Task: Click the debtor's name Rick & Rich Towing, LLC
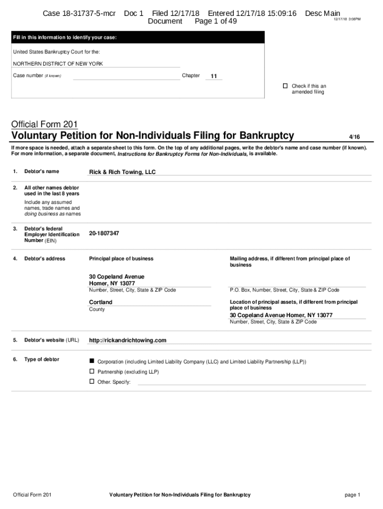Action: [x=122, y=172]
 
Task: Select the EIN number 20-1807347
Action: [x=104, y=233]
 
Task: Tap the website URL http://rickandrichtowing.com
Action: [x=127, y=340]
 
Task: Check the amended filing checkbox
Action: [x=285, y=86]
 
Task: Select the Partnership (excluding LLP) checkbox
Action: [x=92, y=371]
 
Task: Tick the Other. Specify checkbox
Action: [x=92, y=381]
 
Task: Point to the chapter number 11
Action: [x=214, y=77]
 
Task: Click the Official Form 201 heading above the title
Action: [x=44, y=124]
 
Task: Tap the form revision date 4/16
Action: [x=354, y=136]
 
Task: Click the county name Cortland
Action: [x=100, y=302]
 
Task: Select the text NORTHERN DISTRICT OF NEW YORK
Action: [x=58, y=64]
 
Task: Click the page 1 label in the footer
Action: [x=352, y=495]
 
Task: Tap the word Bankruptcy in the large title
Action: [x=266, y=136]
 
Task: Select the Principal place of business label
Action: [x=121, y=258]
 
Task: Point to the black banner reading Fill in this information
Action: [x=138, y=37]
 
